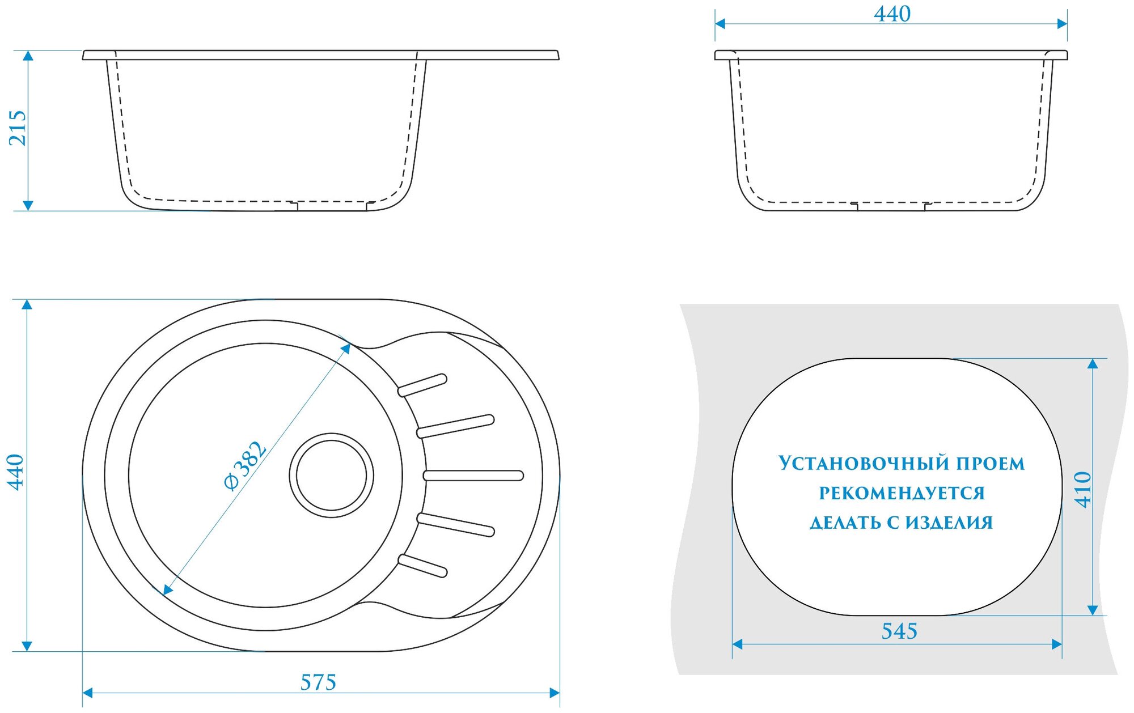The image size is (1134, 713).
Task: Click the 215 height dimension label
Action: [x=18, y=128]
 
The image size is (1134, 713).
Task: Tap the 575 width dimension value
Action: [x=318, y=682]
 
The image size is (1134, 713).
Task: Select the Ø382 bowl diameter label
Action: [x=245, y=465]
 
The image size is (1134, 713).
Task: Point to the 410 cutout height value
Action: [x=1082, y=489]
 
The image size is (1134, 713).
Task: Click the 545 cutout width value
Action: [x=899, y=631]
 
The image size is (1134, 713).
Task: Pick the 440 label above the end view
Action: [x=892, y=14]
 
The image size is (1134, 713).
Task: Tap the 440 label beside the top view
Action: [x=15, y=472]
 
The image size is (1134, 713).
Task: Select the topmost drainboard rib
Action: [x=422, y=385]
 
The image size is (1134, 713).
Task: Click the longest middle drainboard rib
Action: [x=473, y=476]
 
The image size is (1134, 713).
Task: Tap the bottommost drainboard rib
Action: [x=422, y=566]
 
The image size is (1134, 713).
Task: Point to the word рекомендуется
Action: [x=902, y=493]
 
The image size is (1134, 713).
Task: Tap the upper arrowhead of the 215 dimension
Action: [x=28, y=56]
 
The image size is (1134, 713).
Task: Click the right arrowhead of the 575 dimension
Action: [x=555, y=693]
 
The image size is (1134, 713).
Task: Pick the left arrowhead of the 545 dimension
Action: [x=738, y=644]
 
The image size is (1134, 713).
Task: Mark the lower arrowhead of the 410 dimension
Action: [x=1093, y=610]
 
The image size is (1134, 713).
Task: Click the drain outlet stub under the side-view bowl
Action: [x=332, y=206]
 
